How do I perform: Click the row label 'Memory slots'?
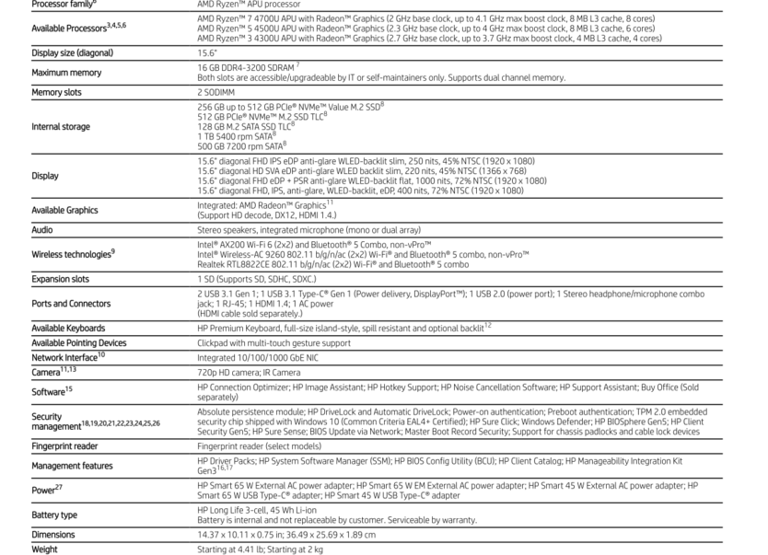(56, 92)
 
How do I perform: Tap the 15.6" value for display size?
(205, 52)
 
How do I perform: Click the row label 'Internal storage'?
(61, 125)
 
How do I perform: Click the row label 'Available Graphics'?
(64, 210)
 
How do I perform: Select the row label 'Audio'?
(42, 229)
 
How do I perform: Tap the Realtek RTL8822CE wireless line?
(332, 264)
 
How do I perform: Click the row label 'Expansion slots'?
(60, 278)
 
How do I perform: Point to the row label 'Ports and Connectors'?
(71, 303)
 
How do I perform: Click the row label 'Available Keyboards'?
(68, 328)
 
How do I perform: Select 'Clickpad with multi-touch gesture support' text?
(273, 342)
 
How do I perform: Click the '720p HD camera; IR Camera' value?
(249, 372)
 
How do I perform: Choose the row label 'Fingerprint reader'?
(64, 446)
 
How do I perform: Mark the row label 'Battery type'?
(54, 515)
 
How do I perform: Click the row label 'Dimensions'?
(53, 535)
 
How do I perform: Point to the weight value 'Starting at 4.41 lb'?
(229, 549)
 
